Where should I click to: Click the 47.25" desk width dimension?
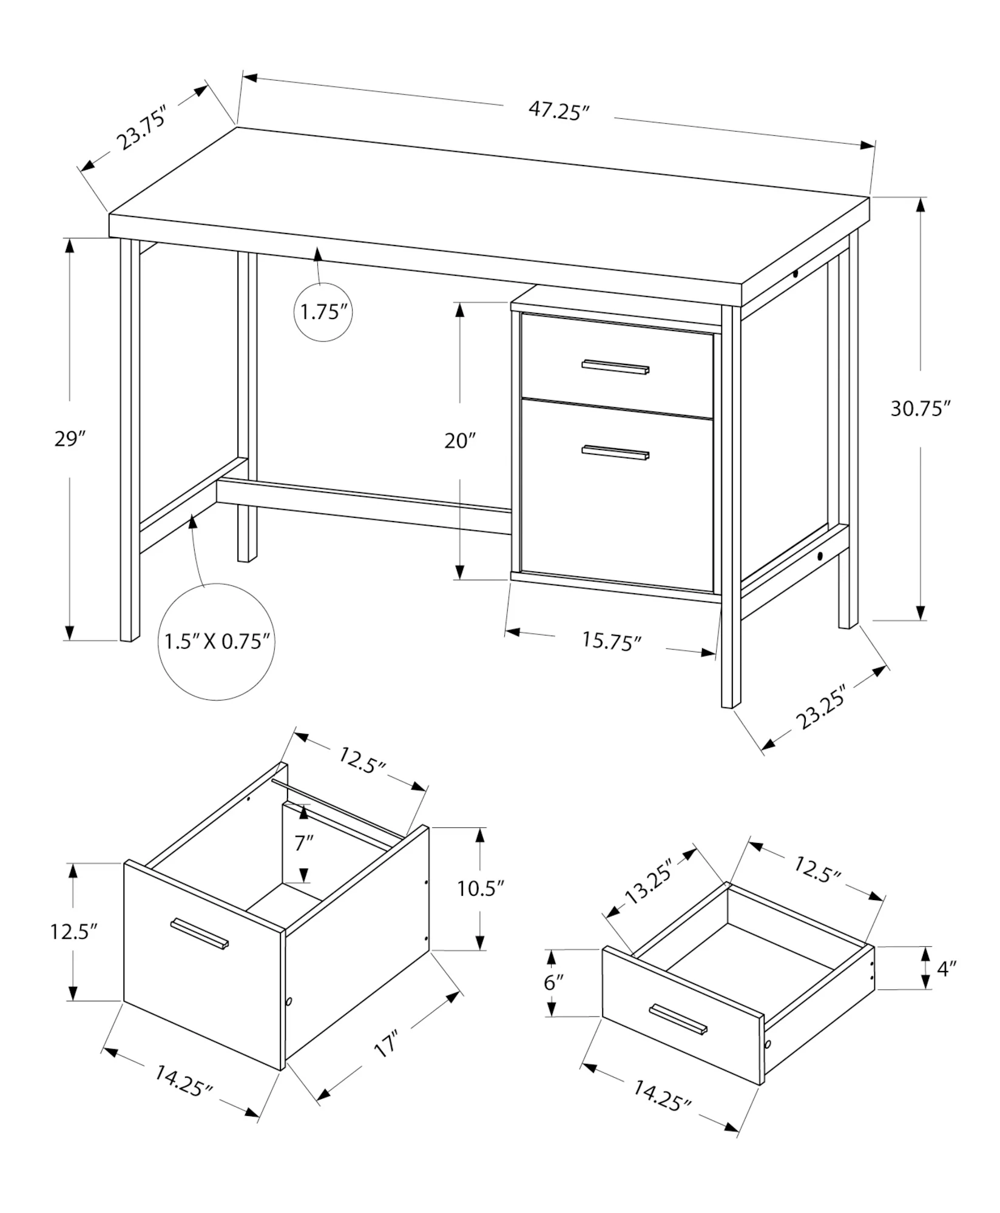click(559, 111)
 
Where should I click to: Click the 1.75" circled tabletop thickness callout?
click(323, 312)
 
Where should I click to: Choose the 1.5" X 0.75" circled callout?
click(217, 642)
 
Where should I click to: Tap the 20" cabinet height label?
click(460, 440)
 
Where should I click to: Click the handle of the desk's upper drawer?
click(615, 367)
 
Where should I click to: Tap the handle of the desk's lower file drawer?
click(615, 452)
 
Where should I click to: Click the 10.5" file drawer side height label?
click(481, 889)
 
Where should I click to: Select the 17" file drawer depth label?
click(386, 1044)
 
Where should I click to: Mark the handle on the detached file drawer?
click(200, 933)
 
